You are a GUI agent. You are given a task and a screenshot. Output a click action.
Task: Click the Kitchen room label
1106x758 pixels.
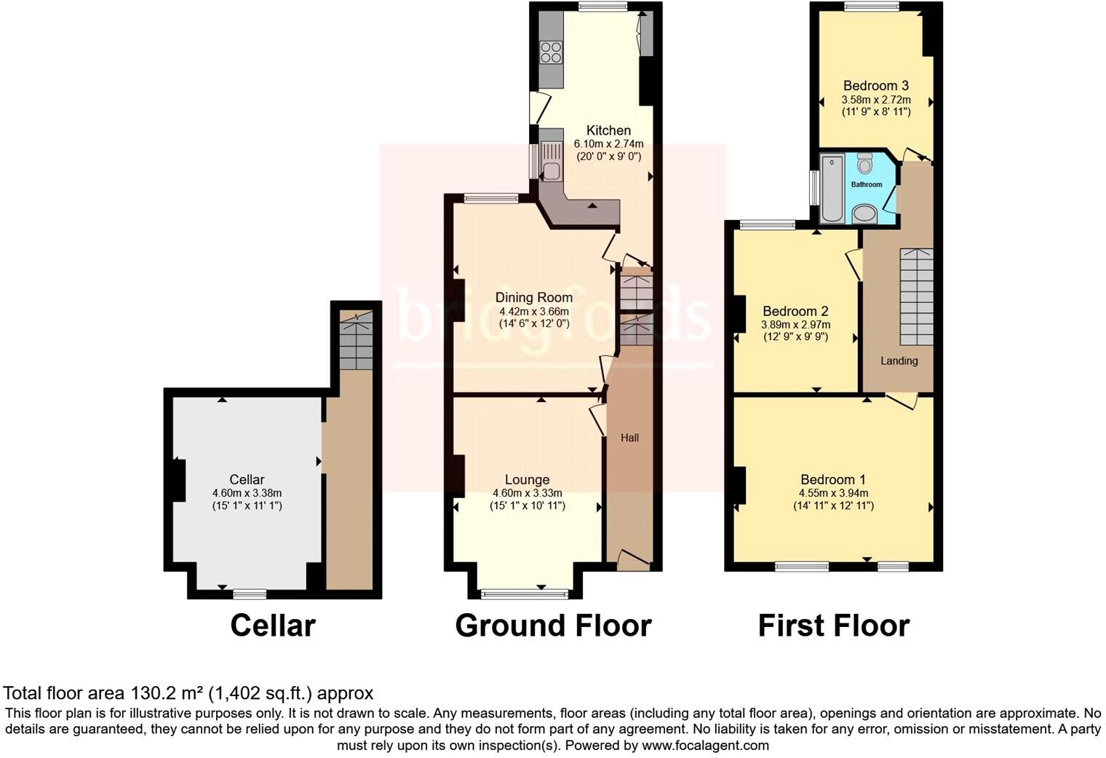608,130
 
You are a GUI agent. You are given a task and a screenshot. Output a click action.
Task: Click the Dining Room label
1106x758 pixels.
533,297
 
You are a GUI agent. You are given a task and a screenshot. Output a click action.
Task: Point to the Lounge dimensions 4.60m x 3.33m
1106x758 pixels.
527,493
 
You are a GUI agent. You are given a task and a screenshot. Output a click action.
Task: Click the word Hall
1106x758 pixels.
629,438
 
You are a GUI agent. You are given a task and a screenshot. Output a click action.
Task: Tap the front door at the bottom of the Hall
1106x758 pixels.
632,559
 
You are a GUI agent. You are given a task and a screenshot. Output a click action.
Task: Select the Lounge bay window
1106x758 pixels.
525,594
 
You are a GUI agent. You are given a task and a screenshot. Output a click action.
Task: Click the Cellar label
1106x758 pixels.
247,479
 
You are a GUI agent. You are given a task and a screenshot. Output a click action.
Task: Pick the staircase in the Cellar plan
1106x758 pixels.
357,339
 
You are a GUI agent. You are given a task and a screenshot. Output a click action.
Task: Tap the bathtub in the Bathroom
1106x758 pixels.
830,188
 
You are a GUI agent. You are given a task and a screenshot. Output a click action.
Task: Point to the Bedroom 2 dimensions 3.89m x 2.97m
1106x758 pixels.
795,325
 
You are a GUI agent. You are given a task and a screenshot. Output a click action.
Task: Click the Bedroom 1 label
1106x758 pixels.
832,479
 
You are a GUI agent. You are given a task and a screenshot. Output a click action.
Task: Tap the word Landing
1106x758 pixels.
899,360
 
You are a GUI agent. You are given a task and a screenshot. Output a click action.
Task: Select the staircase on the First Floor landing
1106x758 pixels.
916,296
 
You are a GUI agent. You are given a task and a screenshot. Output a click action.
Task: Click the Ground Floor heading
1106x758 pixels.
553,625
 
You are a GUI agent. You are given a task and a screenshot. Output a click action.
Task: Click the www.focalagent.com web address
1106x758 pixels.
705,746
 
